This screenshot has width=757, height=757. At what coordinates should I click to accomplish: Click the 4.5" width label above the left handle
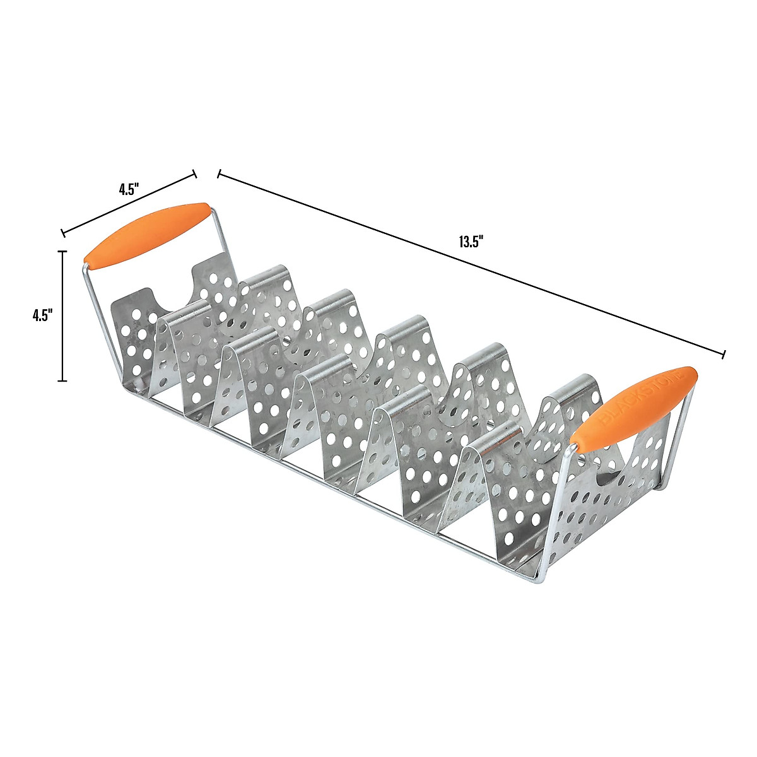coord(128,189)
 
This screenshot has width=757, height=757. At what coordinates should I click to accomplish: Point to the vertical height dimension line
coord(62,315)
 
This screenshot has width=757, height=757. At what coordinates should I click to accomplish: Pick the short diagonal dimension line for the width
coord(129,205)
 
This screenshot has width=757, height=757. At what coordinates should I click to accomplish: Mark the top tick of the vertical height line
coord(62,251)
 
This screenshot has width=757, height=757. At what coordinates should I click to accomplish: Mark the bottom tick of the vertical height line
coord(62,380)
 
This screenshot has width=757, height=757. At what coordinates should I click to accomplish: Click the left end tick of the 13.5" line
coord(218,174)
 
